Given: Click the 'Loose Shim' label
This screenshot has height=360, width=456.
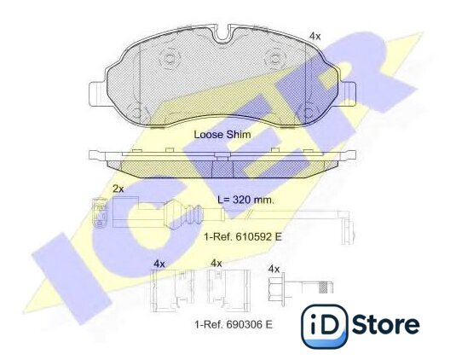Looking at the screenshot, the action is tap(222, 135).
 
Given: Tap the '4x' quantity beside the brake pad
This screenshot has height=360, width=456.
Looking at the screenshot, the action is tap(315, 37).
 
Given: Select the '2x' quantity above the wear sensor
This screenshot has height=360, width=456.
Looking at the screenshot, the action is tap(118, 189).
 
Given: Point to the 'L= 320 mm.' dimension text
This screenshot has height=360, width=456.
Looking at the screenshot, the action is tap(246, 200).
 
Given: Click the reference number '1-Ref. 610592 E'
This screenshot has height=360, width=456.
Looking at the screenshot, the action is tap(243, 236).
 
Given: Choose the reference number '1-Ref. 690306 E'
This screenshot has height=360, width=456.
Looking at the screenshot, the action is tap(234, 324).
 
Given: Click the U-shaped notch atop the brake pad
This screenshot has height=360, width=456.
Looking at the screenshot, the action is tap(222, 33).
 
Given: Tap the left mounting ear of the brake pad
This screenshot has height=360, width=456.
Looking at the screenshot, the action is tap(97, 94).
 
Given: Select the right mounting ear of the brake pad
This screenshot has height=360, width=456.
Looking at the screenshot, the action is tap(348, 94).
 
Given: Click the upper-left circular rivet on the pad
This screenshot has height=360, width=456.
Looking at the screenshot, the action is tap(169, 59).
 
